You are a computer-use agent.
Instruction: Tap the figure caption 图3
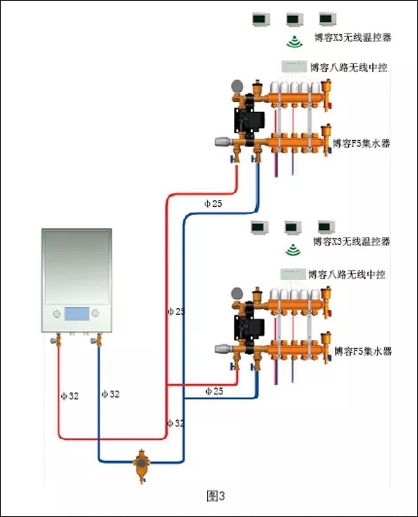pos(216,496)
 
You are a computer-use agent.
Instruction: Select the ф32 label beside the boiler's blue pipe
pos(110,394)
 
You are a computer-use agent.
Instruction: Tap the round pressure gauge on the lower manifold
pos(237,293)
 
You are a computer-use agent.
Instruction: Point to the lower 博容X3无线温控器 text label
pos(350,242)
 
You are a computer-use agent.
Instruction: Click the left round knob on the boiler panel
pos(54,314)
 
